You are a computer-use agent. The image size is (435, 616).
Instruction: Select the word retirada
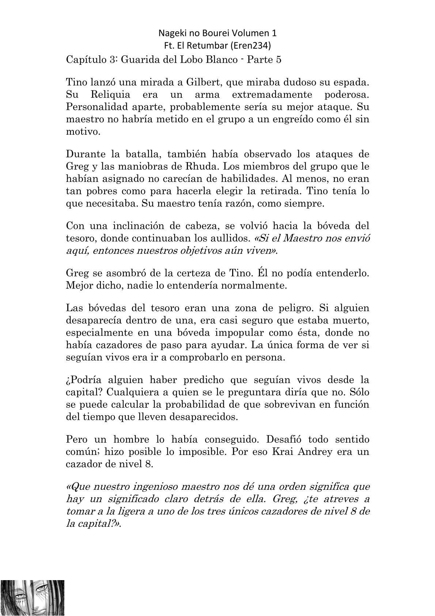pyautogui.click(x=280, y=191)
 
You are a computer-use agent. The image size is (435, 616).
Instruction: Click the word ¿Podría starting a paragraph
pyautogui.click(x=86, y=380)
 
